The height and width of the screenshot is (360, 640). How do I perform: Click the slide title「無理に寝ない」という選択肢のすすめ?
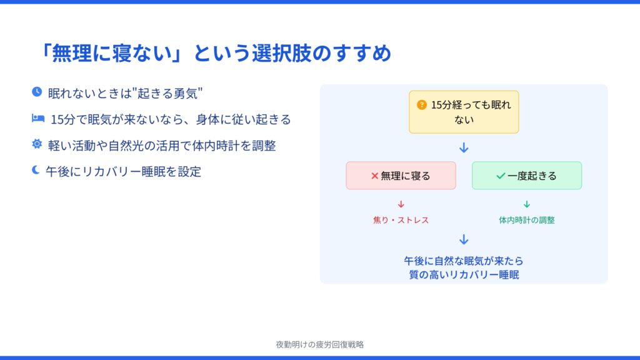click(x=215, y=54)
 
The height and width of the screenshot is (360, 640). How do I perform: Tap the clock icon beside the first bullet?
click(x=37, y=92)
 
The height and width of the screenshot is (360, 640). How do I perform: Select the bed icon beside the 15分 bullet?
click(x=38, y=118)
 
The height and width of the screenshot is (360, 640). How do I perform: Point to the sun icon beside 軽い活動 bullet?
click(x=37, y=144)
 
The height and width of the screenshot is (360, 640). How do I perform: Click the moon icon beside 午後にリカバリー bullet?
click(x=36, y=170)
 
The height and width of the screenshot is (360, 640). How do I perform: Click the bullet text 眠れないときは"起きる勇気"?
click(x=125, y=94)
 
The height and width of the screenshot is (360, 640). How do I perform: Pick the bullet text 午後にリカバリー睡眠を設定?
click(x=123, y=171)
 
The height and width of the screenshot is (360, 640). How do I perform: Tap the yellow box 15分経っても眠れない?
click(x=464, y=112)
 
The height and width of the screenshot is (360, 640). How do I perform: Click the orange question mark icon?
click(x=422, y=105)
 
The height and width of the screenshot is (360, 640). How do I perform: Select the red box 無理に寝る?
click(x=401, y=176)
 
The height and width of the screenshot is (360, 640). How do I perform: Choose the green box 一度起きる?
click(x=526, y=176)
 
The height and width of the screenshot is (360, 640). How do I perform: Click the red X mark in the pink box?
click(x=374, y=176)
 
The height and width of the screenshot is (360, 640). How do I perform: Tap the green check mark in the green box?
click(x=501, y=176)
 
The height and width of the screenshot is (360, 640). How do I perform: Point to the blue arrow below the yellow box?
click(x=464, y=147)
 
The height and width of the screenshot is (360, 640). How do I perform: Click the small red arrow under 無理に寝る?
click(x=401, y=204)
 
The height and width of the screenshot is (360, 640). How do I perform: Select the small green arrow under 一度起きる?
click(x=526, y=204)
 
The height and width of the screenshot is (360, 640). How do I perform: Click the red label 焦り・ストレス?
click(x=401, y=220)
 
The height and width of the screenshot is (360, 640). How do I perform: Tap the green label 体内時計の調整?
click(x=526, y=220)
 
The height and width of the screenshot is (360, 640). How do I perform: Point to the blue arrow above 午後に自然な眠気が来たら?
click(x=464, y=239)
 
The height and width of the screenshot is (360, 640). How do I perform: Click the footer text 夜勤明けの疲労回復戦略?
click(x=319, y=344)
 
